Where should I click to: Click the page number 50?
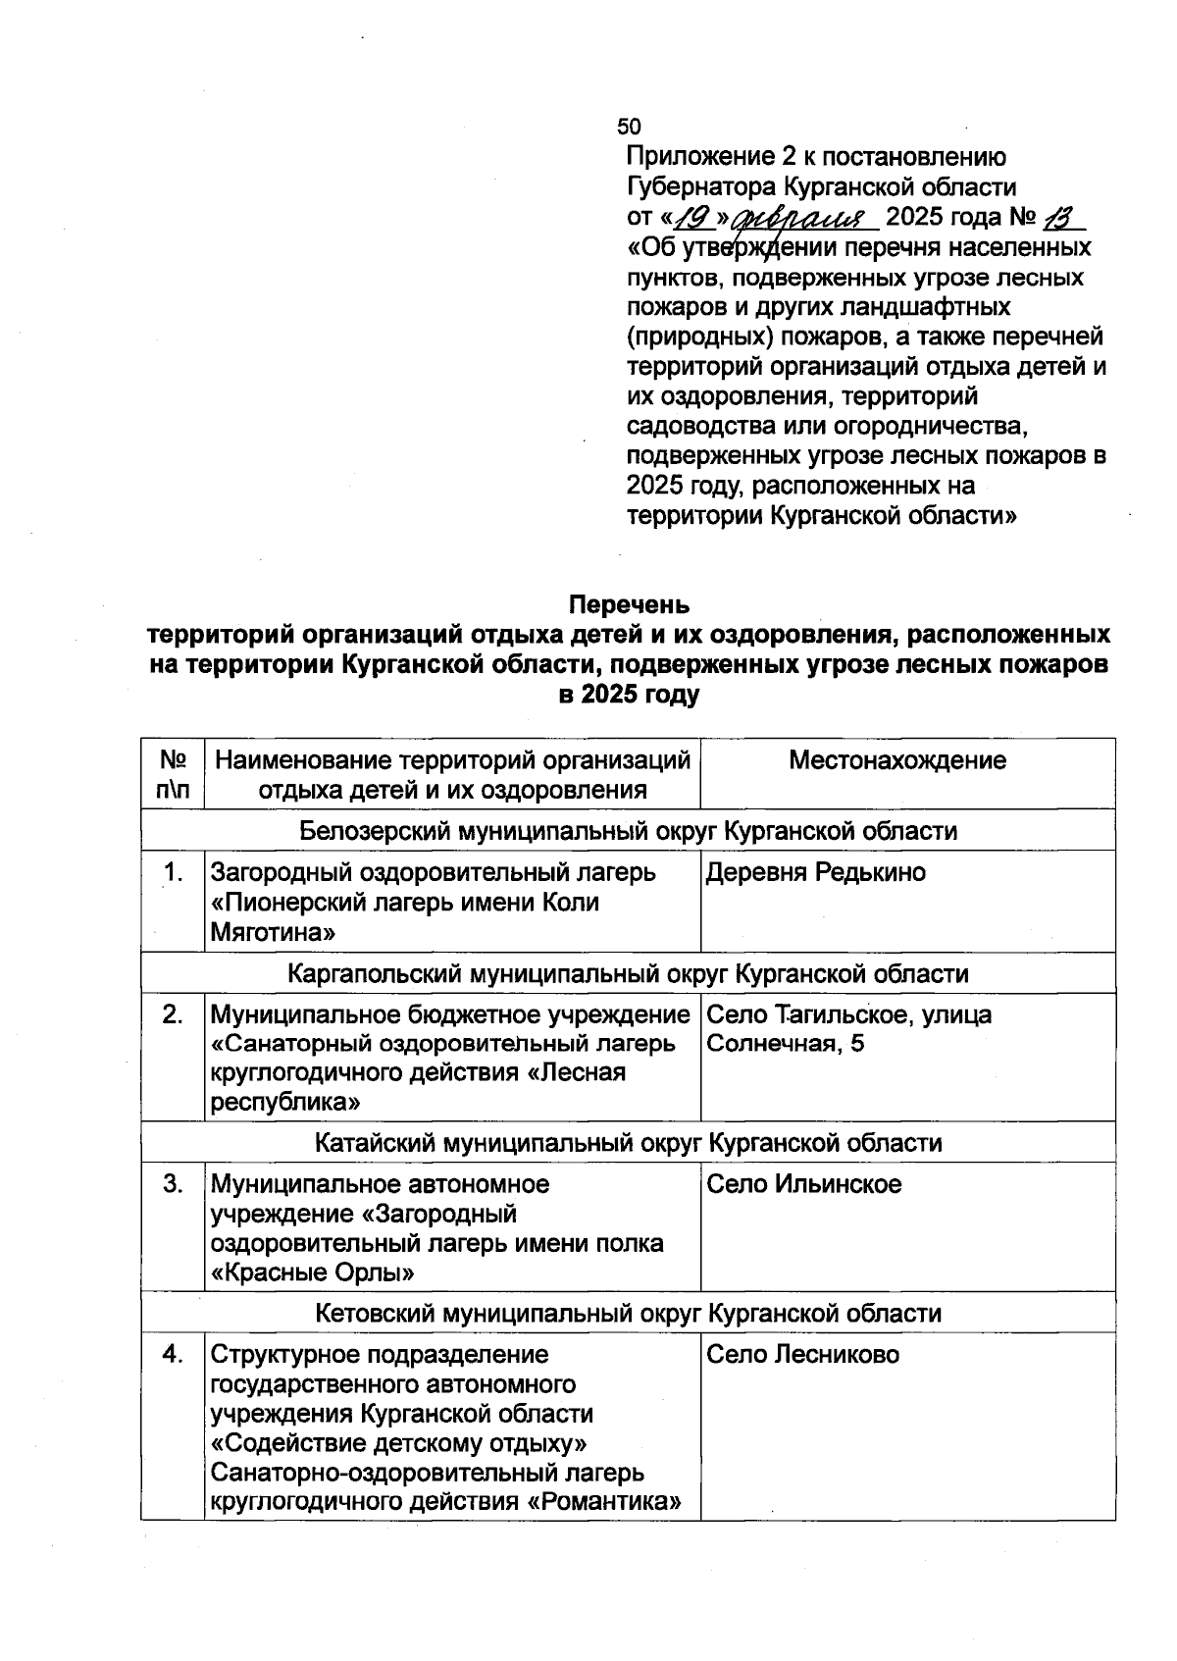[629, 127]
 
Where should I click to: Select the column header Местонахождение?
[897, 760]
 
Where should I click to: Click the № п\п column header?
[173, 775]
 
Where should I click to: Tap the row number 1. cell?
[173, 872]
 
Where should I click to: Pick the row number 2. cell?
[173, 1014]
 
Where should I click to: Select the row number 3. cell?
[173, 1184]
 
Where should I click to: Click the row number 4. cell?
[173, 1355]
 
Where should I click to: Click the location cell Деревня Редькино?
[815, 872]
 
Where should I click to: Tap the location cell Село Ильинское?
[803, 1184]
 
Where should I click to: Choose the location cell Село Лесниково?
[802, 1355]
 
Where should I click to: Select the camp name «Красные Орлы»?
[312, 1273]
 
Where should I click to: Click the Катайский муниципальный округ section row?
[628, 1143]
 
